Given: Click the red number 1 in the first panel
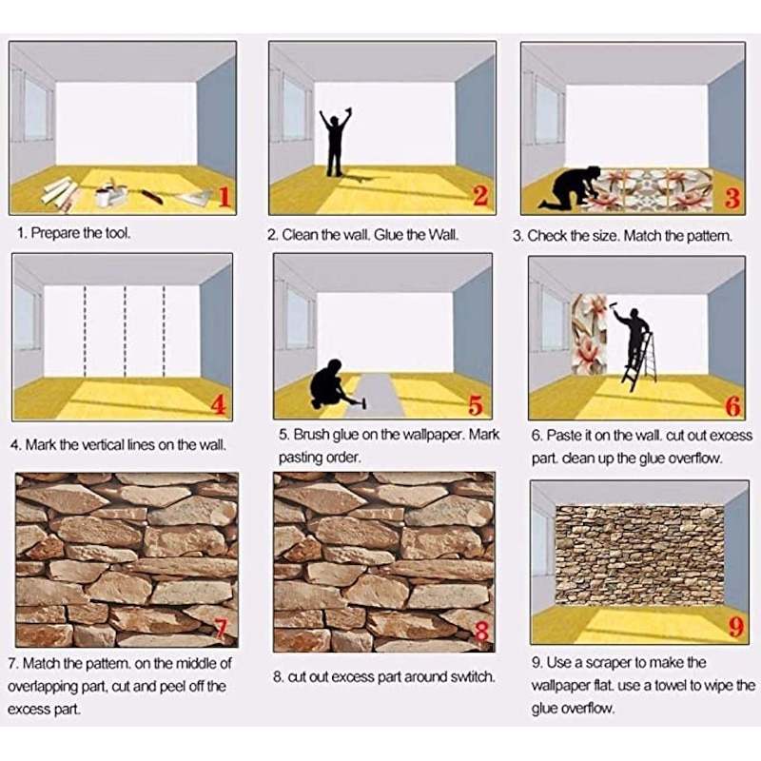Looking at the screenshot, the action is click(x=224, y=197).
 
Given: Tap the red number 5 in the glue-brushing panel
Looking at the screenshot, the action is click(x=475, y=405).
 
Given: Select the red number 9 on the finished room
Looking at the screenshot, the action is click(x=736, y=627).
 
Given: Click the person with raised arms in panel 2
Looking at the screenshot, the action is click(x=335, y=142).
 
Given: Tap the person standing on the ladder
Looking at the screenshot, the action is click(x=632, y=340).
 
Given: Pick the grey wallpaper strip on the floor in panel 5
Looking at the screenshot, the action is click(x=376, y=396).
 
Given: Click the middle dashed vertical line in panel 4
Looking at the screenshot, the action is click(x=126, y=331).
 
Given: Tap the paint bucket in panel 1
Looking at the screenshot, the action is click(x=103, y=198).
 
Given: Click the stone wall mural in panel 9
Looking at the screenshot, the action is click(x=639, y=556).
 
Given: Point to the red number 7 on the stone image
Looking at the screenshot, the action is click(x=220, y=629).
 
